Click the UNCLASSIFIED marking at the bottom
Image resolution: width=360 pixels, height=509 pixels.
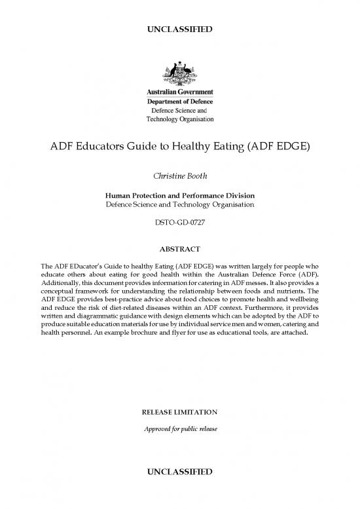click(x=179, y=472)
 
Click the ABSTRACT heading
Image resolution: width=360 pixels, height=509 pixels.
click(x=179, y=249)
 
